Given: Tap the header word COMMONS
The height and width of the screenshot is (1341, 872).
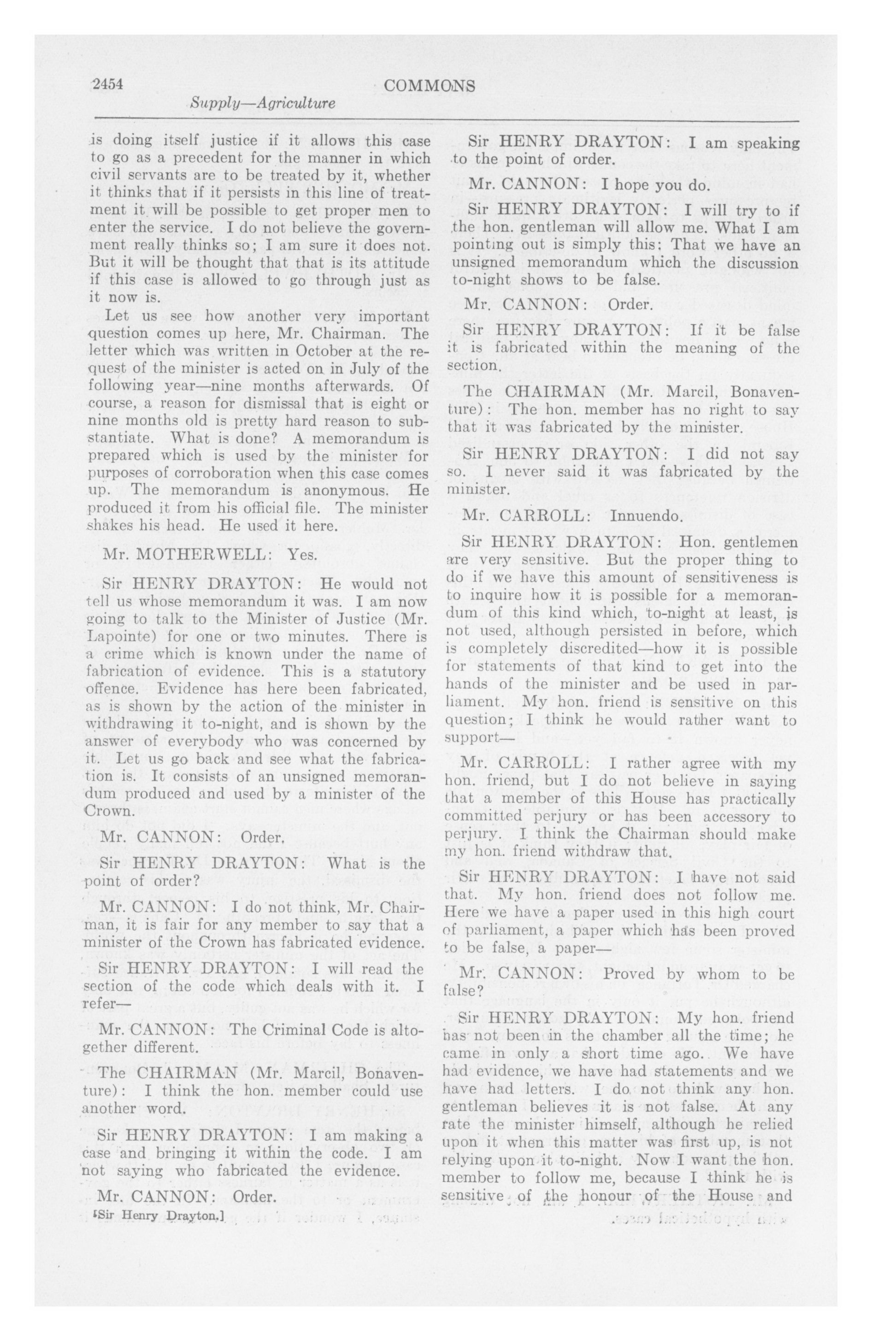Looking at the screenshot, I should point(429,86).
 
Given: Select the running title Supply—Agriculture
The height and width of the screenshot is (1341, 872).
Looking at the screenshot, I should point(263,103).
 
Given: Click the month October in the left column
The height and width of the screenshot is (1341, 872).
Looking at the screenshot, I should point(322,351).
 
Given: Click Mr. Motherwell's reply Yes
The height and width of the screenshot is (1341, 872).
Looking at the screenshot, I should point(303,554).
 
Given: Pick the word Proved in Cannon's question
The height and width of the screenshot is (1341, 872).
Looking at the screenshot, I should point(626,973).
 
